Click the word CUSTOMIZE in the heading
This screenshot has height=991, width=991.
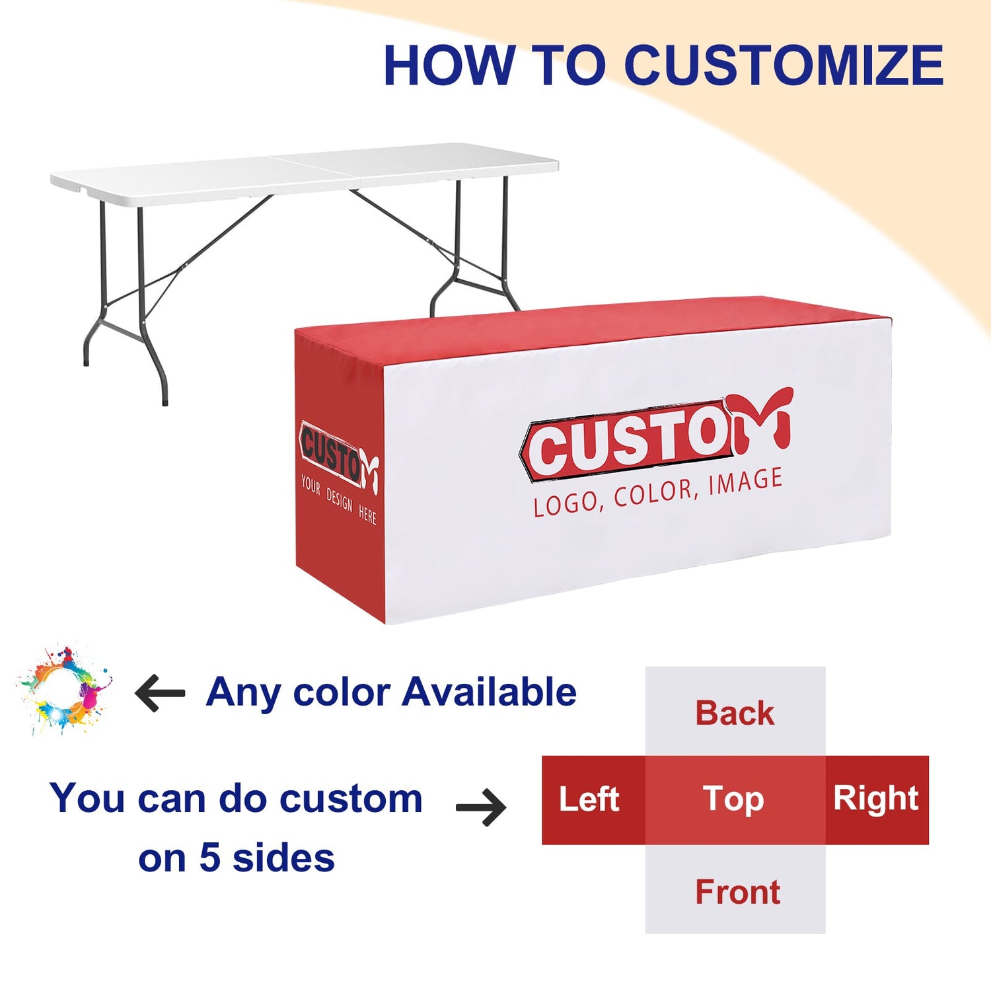784,65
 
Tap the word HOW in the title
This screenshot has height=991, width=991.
449,65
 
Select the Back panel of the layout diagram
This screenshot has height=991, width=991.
735,711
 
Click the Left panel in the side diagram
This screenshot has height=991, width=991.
593,800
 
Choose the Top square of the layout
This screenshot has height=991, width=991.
735,800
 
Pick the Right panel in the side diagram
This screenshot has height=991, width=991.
877,800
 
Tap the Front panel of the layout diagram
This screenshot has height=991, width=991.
735,889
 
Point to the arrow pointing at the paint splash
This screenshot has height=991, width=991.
160,693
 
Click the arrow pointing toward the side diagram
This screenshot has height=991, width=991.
482,807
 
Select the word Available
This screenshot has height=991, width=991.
490,692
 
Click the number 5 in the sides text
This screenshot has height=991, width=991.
209,858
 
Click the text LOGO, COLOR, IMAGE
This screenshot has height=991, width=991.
658,492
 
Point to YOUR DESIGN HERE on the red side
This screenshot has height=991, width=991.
338,499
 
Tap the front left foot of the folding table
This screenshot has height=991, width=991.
165,399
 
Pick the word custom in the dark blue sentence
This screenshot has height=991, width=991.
351,799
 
